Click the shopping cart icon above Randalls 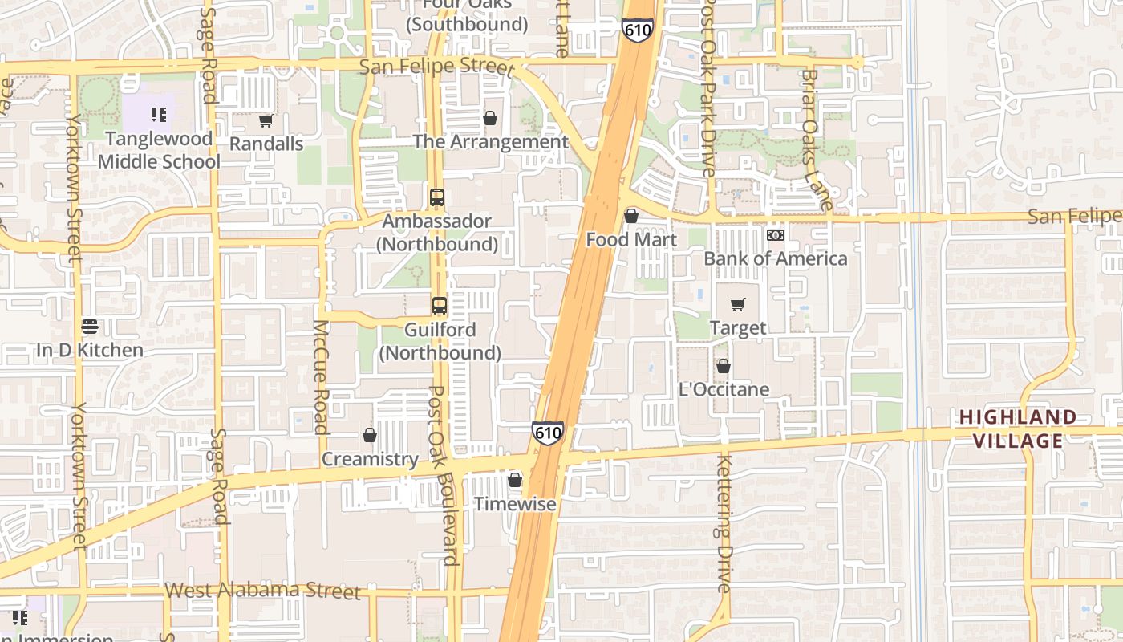tap(266, 121)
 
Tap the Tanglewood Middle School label tap(159, 150)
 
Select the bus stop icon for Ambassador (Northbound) tap(437, 197)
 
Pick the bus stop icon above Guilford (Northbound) tap(440, 305)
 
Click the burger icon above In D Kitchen tap(90, 327)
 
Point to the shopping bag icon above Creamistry tap(370, 435)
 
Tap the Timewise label tap(515, 504)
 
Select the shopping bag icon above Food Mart tap(631, 216)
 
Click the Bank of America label tap(775, 258)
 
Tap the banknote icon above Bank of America tap(775, 235)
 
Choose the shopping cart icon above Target tap(738, 305)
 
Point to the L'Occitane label tap(724, 390)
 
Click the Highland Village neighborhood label tap(1018, 429)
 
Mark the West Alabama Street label tap(262, 591)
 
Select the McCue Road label tap(321, 377)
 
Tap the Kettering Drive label tap(724, 523)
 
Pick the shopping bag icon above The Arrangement tap(490, 119)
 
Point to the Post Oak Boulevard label tap(444, 475)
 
